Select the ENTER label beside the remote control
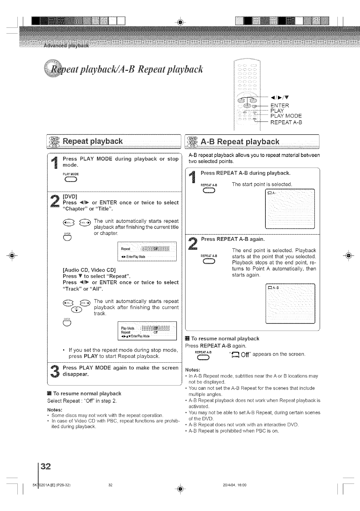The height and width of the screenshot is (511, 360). pos(280,106)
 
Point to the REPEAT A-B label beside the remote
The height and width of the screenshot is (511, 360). pos(286,122)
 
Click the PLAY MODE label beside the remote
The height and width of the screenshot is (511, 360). pos(286,116)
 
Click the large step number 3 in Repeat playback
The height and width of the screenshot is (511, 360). pos(55,371)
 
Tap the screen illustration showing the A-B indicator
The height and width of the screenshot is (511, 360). pos(290,303)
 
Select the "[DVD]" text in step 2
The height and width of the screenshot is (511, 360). pos(70,196)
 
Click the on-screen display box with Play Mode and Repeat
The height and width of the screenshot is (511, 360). pos(147,331)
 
